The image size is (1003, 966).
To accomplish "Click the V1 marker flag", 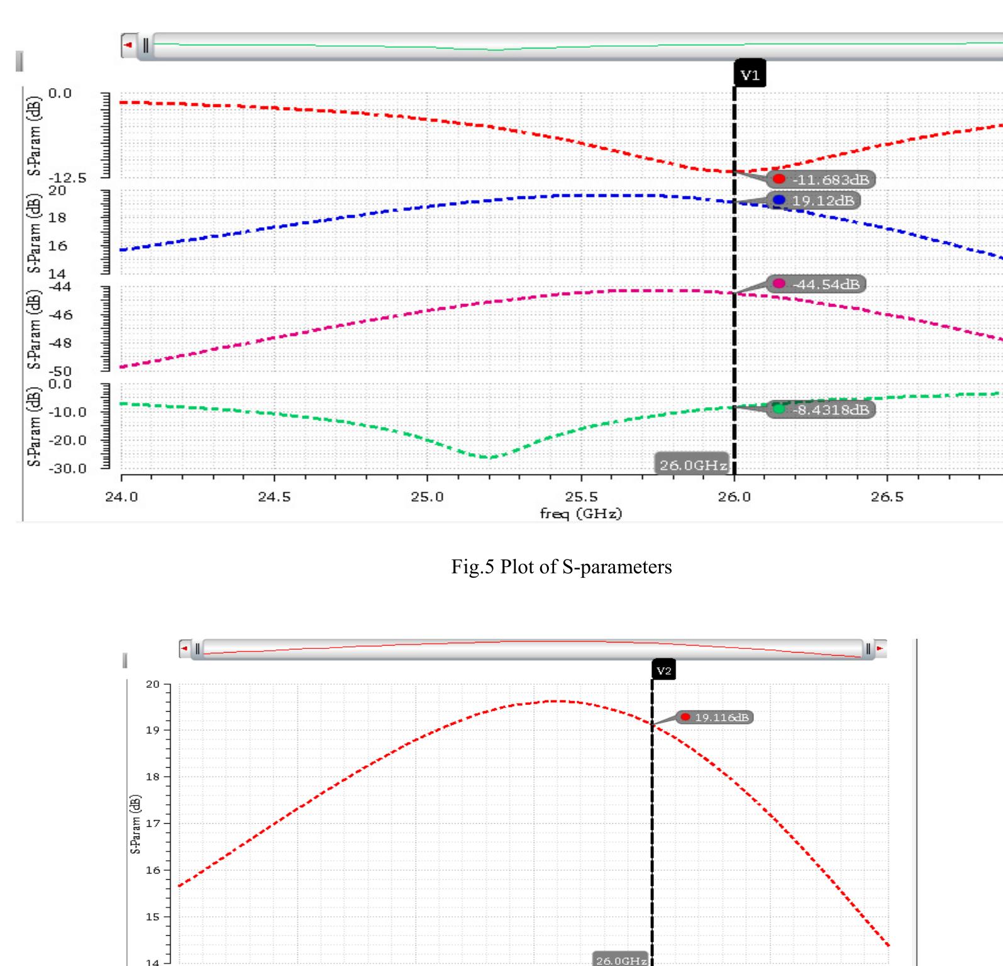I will tap(750, 76).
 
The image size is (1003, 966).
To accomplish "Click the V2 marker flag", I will tap(664, 670).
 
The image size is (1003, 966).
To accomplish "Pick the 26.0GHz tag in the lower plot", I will tap(621, 960).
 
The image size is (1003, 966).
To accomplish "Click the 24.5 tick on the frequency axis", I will tap(274, 497).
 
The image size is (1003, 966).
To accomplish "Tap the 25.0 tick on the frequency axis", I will tap(427, 497).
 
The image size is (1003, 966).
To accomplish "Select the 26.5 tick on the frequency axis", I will tap(887, 497).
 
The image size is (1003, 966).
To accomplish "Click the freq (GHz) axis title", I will tap(580, 514).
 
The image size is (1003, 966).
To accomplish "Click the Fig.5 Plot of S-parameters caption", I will tap(561, 567).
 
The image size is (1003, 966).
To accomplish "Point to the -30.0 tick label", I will tap(68, 468).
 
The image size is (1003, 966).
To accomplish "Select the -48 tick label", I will tap(61, 344).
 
